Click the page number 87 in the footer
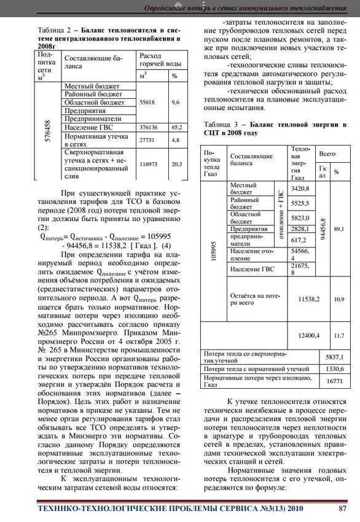click(343, 508)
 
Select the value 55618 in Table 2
click(147, 102)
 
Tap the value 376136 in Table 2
click(148, 127)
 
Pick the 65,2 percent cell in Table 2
click(176, 127)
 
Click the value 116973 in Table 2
click(148, 164)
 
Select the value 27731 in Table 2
click(147, 140)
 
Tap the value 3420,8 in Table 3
click(300, 188)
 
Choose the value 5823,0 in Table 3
click(300, 217)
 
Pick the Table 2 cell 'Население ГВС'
click(89, 127)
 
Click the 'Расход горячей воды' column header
click(160, 60)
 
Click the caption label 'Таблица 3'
click(222, 125)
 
